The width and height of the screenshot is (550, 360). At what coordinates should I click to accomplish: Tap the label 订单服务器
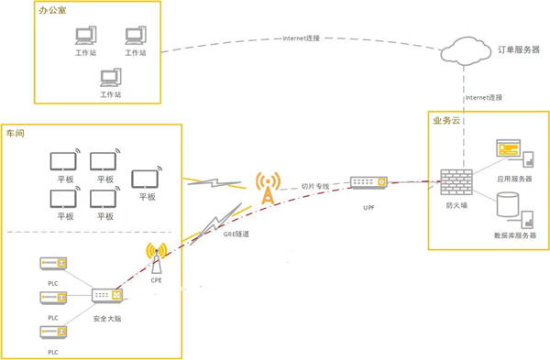[x=518, y=49]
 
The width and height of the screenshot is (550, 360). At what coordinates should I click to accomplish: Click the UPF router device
[x=368, y=184]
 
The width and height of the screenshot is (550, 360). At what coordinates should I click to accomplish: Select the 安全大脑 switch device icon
[x=106, y=297]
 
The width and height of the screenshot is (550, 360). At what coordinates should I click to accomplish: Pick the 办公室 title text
[x=52, y=11]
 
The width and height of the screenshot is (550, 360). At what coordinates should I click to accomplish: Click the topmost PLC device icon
[x=52, y=265]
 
